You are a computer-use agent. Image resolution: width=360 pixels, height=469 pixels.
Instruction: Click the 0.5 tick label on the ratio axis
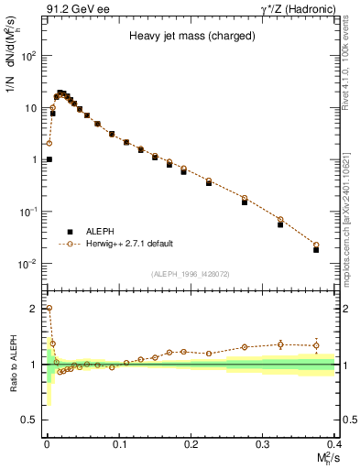click(31, 420)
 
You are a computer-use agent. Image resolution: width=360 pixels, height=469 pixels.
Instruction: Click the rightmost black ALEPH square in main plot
click(316, 249)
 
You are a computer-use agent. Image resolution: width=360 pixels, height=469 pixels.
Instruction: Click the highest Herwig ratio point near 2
click(49, 309)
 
